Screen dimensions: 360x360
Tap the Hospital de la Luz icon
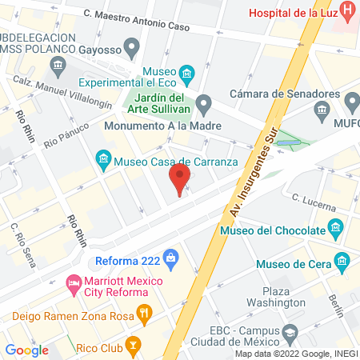click(x=347, y=12)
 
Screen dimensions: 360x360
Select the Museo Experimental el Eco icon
click(x=186, y=76)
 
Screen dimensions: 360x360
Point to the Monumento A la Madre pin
click(x=204, y=102)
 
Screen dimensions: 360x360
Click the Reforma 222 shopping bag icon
click(x=170, y=258)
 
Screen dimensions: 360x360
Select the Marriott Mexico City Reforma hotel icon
click(x=74, y=282)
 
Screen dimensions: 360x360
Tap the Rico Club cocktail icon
click(x=133, y=347)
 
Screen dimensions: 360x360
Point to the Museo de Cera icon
click(x=342, y=261)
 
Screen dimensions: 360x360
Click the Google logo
click(x=27, y=350)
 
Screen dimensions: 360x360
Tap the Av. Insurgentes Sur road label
click(x=249, y=177)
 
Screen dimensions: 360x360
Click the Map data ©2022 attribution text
click(x=296, y=354)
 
